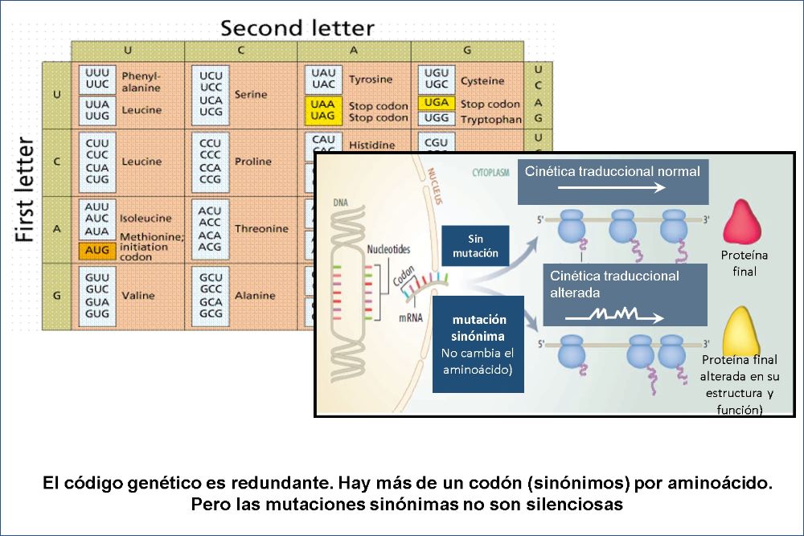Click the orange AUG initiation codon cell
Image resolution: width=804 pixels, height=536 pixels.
(x=96, y=251)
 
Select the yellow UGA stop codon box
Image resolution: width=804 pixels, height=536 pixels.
(x=436, y=103)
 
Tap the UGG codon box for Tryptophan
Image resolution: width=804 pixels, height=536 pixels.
(x=436, y=118)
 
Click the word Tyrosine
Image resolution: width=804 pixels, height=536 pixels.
(x=371, y=80)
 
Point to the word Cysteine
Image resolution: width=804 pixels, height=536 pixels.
(x=482, y=80)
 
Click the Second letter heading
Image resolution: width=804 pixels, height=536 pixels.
(x=297, y=28)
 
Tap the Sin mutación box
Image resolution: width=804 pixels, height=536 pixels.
(x=475, y=246)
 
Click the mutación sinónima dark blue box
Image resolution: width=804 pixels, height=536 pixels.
(x=478, y=343)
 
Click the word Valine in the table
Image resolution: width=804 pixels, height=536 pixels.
(x=138, y=295)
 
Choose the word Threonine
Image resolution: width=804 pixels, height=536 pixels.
(x=260, y=229)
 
